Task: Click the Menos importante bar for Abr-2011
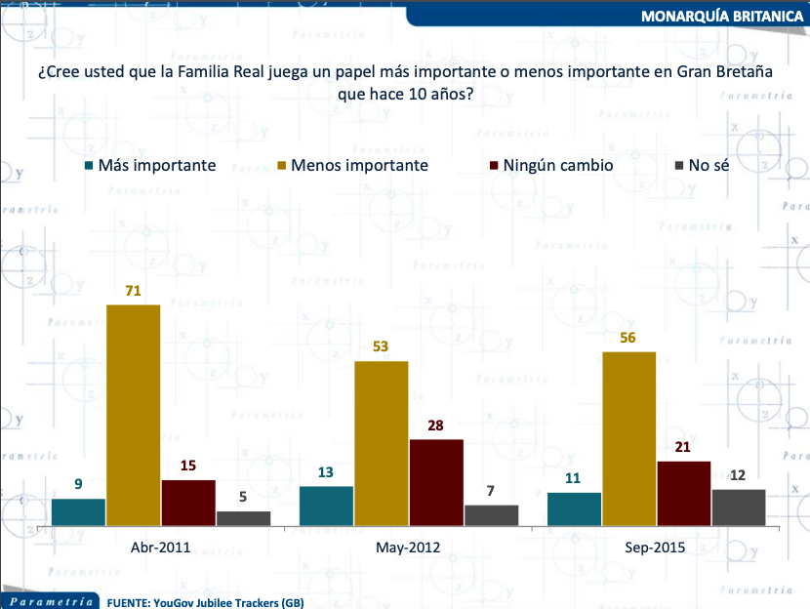click(x=133, y=416)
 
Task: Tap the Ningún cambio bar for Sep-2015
click(x=684, y=494)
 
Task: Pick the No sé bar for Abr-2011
click(x=243, y=519)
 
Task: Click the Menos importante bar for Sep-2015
click(x=628, y=439)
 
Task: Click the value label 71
click(x=133, y=291)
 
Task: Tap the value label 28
click(x=436, y=426)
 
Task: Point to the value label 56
click(x=628, y=338)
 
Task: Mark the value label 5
click(x=243, y=497)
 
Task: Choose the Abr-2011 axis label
click(x=160, y=548)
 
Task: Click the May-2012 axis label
click(x=408, y=548)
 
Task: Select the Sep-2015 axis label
click(x=655, y=548)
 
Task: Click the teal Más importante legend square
click(x=89, y=166)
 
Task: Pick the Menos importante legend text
click(x=359, y=166)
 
